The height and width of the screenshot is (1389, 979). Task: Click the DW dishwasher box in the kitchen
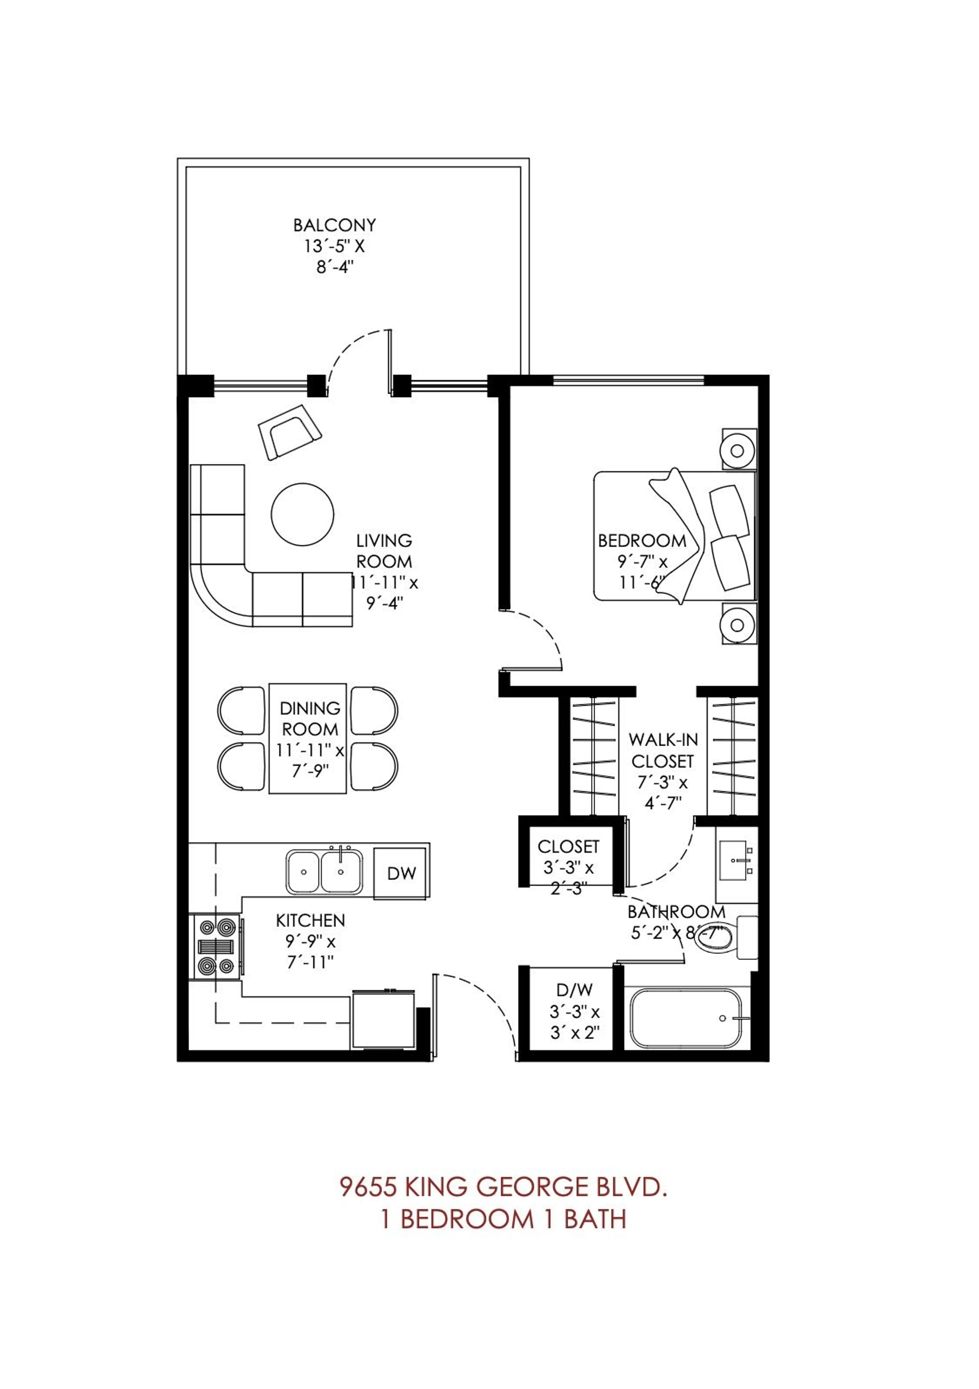[x=401, y=873]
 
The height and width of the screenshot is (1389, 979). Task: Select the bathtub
[x=686, y=1018]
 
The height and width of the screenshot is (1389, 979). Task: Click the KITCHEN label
[x=311, y=920]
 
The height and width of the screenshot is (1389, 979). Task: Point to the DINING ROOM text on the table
[x=310, y=718]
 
